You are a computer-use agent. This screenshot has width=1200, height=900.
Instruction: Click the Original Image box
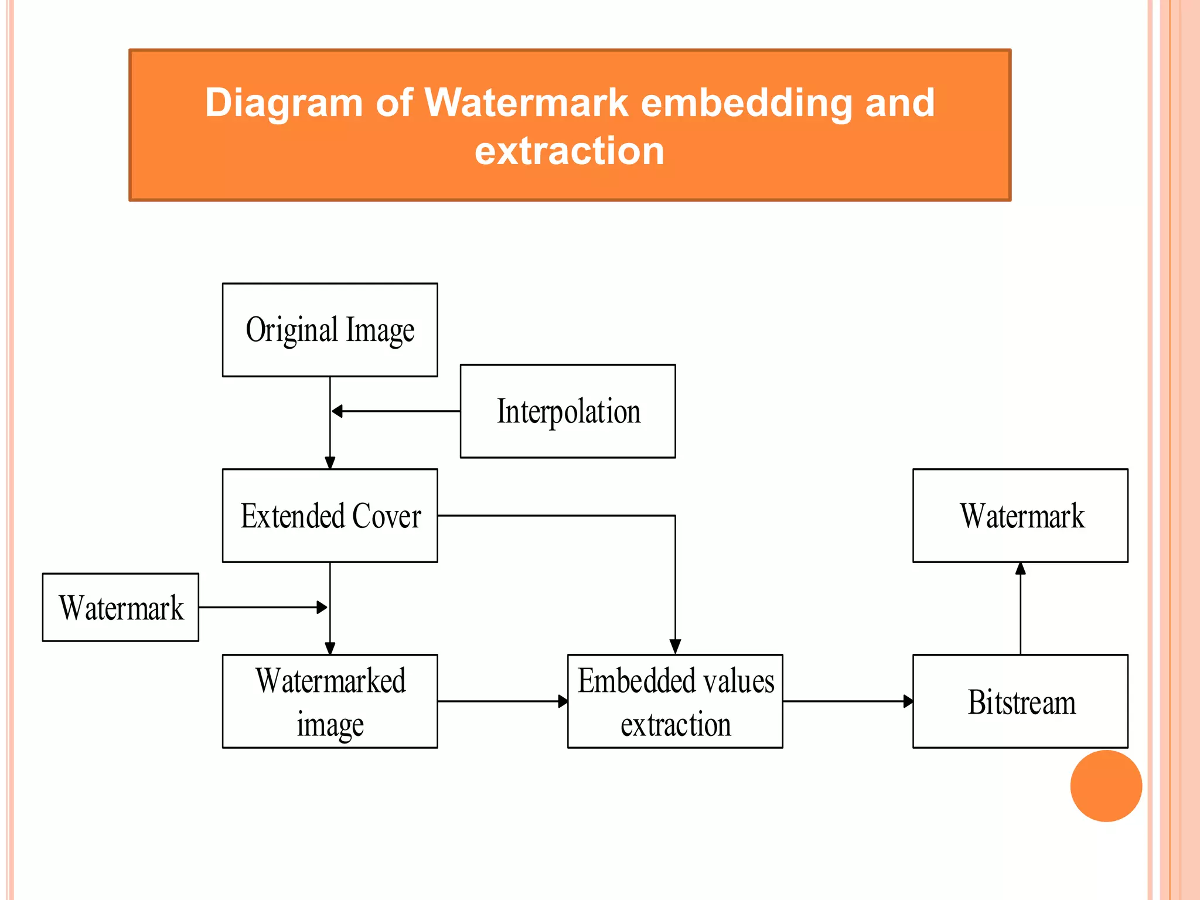coord(330,330)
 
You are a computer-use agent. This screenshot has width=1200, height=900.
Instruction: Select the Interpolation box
coord(568,411)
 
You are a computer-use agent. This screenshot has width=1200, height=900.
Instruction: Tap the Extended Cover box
coord(330,516)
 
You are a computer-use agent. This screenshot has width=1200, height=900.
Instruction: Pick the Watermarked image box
coord(330,701)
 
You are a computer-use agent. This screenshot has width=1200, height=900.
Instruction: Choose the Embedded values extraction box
coord(675,701)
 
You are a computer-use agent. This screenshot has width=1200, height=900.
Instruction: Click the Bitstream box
coord(1020,701)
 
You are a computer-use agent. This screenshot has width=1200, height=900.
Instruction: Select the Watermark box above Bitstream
coord(1020,516)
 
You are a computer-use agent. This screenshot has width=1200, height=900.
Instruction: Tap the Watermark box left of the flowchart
coord(121,608)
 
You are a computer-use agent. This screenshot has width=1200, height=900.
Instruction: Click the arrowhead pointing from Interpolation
coord(337,411)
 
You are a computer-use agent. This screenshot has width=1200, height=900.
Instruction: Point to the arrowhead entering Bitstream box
coord(908,701)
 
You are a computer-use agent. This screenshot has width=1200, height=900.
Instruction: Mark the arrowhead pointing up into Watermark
coord(1020,568)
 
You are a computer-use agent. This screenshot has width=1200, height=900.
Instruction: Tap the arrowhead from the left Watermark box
coord(322,608)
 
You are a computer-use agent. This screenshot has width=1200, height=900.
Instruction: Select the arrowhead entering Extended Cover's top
coord(330,463)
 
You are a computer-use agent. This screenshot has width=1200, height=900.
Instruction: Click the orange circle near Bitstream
coord(1106,786)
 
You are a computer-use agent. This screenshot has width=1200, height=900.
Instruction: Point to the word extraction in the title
coord(570,151)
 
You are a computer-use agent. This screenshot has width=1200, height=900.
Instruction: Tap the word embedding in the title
coord(746,103)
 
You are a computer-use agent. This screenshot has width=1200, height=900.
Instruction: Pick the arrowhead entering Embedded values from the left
coord(562,701)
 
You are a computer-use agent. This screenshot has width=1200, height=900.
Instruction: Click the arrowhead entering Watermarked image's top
coord(330,648)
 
